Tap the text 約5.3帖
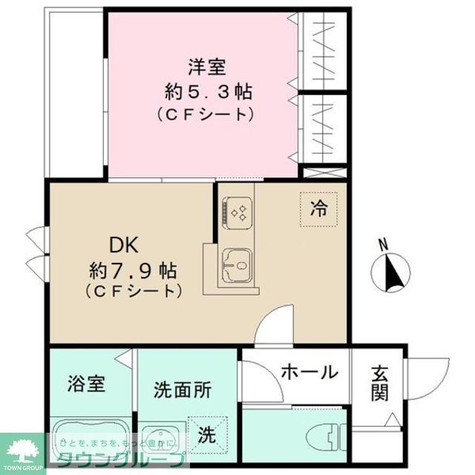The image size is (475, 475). click(x=207, y=92)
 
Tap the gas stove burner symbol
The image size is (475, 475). click(x=240, y=214)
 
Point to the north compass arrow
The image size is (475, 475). click(x=390, y=272)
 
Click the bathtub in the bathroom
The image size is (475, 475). click(x=88, y=442)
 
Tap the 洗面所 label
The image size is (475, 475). click(x=183, y=388)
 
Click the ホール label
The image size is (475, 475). click(x=309, y=372)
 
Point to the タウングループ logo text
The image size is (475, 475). click(x=122, y=458)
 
